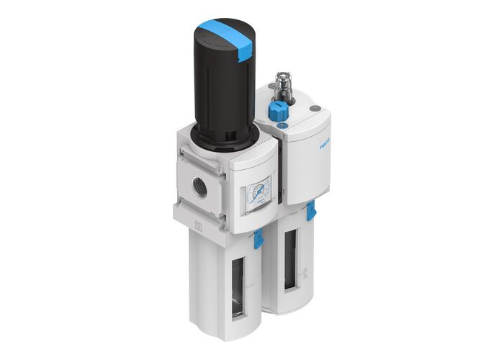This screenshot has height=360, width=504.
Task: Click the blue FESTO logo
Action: point(325,143)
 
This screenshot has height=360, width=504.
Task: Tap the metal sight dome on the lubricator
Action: point(282,87)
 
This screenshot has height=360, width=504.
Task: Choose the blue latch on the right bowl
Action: point(311,211)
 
